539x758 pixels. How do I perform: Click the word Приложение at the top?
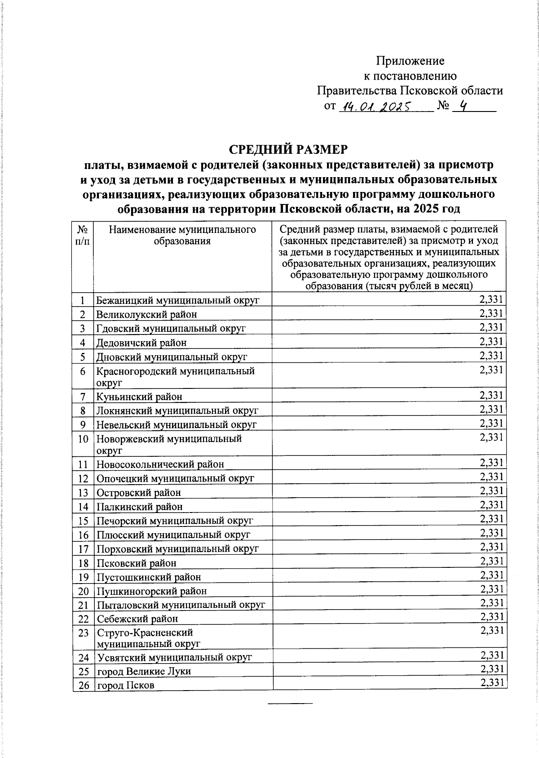tap(410, 61)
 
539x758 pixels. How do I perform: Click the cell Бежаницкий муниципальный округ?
tap(177, 300)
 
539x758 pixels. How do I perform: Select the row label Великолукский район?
tap(146, 314)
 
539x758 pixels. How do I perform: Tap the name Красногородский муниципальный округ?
tap(175, 376)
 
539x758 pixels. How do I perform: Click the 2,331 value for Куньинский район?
tap(491, 395)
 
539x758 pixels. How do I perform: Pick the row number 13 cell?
tap(83, 492)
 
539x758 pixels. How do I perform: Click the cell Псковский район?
tap(137, 563)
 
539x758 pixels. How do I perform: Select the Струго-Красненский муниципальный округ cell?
tap(149, 638)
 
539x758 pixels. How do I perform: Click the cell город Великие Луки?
tap(144, 671)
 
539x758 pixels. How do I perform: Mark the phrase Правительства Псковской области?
tap(410, 91)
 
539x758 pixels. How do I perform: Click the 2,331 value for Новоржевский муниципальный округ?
tap(491, 437)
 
